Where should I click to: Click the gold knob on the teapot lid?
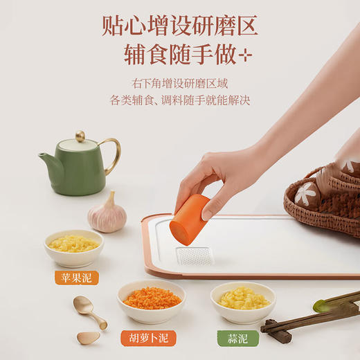tap(81, 136)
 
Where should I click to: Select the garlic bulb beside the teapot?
tap(107, 214)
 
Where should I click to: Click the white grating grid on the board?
tap(194, 255)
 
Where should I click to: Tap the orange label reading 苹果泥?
tap(76, 278)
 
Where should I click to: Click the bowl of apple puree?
tap(73, 246)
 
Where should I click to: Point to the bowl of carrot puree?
tap(152, 300)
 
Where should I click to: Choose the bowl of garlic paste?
tap(243, 301)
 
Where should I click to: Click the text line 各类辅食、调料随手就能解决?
tap(179, 100)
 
